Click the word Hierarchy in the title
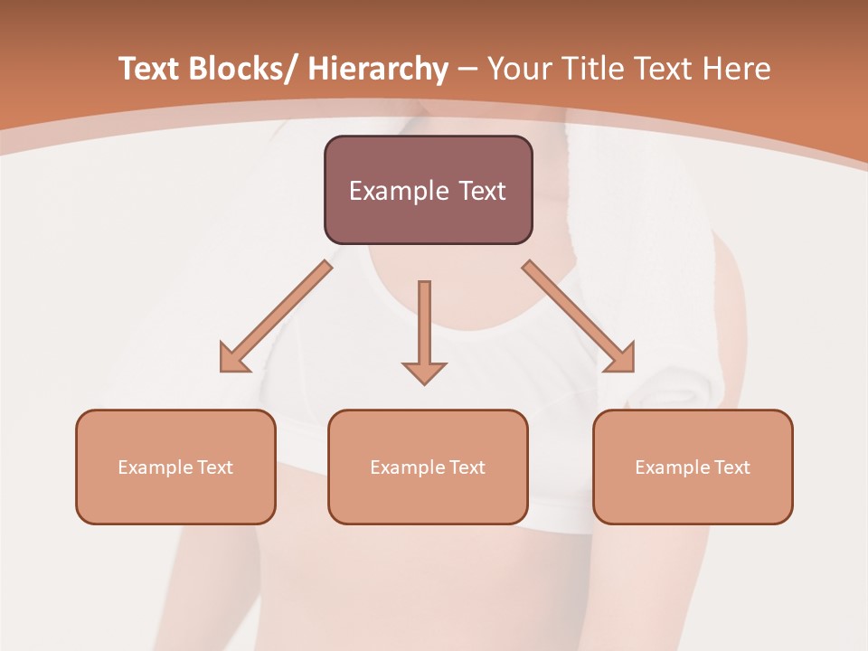378,70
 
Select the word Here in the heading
737,70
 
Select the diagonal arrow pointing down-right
579,316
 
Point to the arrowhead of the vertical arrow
424,372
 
